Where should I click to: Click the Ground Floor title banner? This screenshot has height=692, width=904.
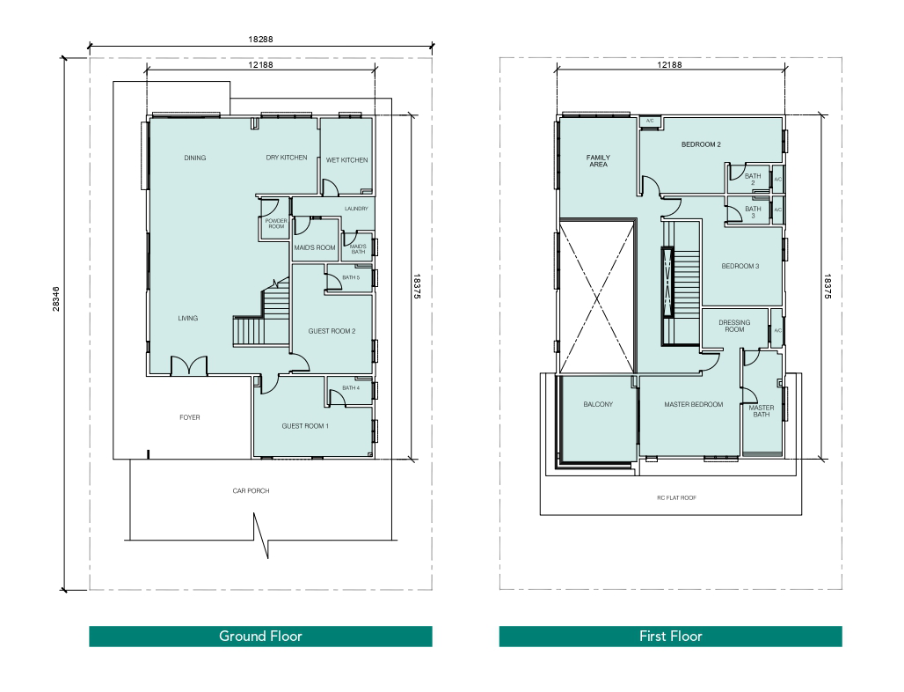[260, 636]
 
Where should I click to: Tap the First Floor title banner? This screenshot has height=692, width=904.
[670, 636]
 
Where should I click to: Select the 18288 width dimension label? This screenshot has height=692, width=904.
[260, 40]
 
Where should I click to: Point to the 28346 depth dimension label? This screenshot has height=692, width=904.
[56, 299]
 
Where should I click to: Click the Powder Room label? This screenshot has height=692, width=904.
[276, 224]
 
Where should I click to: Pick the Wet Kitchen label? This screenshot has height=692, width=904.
[347, 160]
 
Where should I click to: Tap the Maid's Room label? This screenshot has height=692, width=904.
[315, 247]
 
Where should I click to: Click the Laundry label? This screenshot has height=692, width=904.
[356, 209]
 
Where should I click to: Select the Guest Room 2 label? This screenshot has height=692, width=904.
[332, 331]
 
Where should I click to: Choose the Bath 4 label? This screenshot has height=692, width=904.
[351, 388]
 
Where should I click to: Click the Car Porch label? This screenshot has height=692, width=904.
[251, 490]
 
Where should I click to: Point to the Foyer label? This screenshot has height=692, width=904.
[190, 417]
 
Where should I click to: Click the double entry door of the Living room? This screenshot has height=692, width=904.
[188, 366]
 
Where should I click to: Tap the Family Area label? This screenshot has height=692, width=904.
[599, 161]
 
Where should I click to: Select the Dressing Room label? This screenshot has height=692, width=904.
[734, 326]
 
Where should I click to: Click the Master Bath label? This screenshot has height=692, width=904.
[762, 411]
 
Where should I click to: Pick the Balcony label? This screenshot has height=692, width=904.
[598, 404]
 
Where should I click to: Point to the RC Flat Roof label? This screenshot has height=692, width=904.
[677, 497]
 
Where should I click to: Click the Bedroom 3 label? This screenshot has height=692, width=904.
[740, 266]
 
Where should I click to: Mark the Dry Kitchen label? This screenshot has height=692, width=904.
[287, 158]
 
